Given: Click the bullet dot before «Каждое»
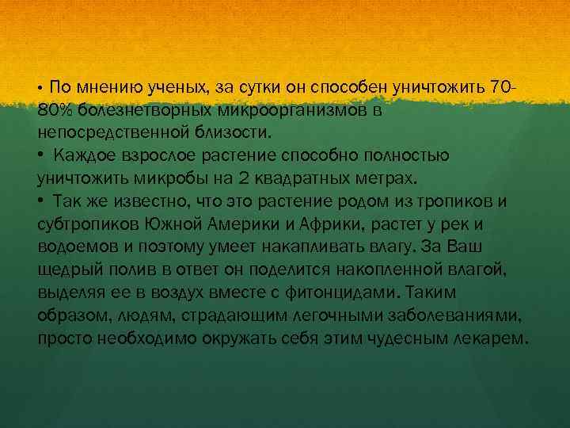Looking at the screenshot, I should [x=40, y=154].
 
